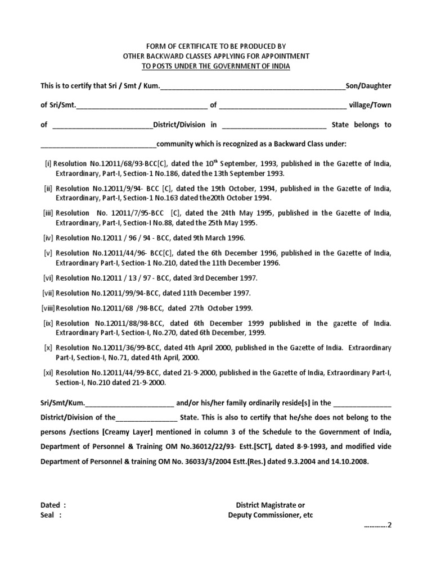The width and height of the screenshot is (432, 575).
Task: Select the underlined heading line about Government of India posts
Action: pos(215,66)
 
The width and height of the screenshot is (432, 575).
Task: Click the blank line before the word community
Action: pos(98,144)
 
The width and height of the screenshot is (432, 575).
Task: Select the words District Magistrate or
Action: pos(271,505)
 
